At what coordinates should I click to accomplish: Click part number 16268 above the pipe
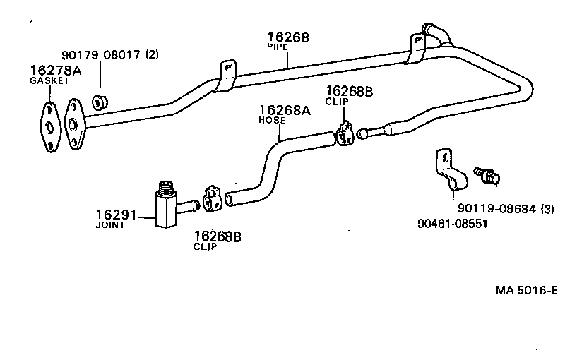(x=288, y=37)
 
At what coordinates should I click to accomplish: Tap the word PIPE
(x=277, y=47)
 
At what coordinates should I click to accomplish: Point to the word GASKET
(x=49, y=80)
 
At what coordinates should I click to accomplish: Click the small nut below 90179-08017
(x=100, y=102)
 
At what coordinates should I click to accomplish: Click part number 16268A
(x=285, y=110)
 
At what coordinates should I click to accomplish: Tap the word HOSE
(x=272, y=120)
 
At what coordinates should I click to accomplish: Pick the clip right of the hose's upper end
(x=345, y=134)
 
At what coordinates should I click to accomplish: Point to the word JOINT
(x=110, y=225)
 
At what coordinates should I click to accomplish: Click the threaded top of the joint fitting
(x=167, y=187)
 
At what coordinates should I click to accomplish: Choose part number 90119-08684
(x=497, y=208)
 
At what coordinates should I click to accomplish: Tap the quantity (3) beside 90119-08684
(x=548, y=208)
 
